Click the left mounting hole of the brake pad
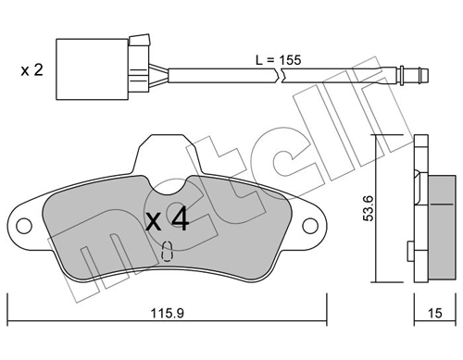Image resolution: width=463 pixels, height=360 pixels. tap(24, 227)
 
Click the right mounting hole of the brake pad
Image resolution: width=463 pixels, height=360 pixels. tap(310, 227)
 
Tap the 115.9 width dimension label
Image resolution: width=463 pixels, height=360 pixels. tap(167, 314)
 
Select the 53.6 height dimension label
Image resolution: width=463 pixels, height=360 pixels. tap(369, 208)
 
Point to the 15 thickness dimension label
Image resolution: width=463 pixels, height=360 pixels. tap(435, 314)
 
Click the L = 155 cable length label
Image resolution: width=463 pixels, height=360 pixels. tap(278, 60)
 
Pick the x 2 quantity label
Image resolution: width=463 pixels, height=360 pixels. tap(31, 70)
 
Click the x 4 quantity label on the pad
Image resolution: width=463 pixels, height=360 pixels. tap(167, 218)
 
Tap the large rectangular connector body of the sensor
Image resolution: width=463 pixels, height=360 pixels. tap(92, 69)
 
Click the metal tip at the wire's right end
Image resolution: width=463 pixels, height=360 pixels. tap(414, 74)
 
